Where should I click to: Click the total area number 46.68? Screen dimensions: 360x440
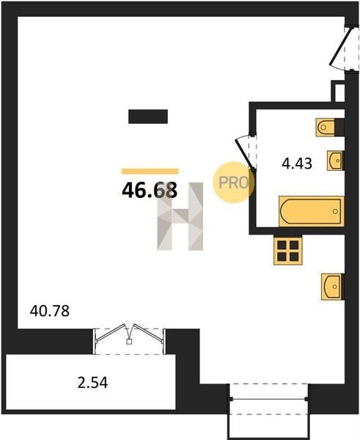150,190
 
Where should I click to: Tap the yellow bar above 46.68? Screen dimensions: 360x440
150,171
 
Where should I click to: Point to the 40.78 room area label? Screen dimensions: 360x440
50,311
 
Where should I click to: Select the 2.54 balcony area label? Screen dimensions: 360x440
92,383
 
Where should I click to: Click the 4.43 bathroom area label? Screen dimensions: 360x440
297,164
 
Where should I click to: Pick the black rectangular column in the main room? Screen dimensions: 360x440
148,117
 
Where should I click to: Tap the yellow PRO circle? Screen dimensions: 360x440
233,183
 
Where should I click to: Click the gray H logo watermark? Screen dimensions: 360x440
180,216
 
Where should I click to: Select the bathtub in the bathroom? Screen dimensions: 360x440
312,211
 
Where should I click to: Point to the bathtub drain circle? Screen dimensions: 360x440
335,211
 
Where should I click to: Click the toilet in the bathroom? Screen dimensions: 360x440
326,128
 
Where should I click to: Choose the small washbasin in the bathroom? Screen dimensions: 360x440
335,161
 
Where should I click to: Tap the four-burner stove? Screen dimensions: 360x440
288,250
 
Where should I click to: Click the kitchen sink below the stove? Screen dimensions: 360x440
332,287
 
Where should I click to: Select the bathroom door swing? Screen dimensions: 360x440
246,152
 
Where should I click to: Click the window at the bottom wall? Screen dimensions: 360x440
269,399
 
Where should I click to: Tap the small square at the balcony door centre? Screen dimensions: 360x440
129,342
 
